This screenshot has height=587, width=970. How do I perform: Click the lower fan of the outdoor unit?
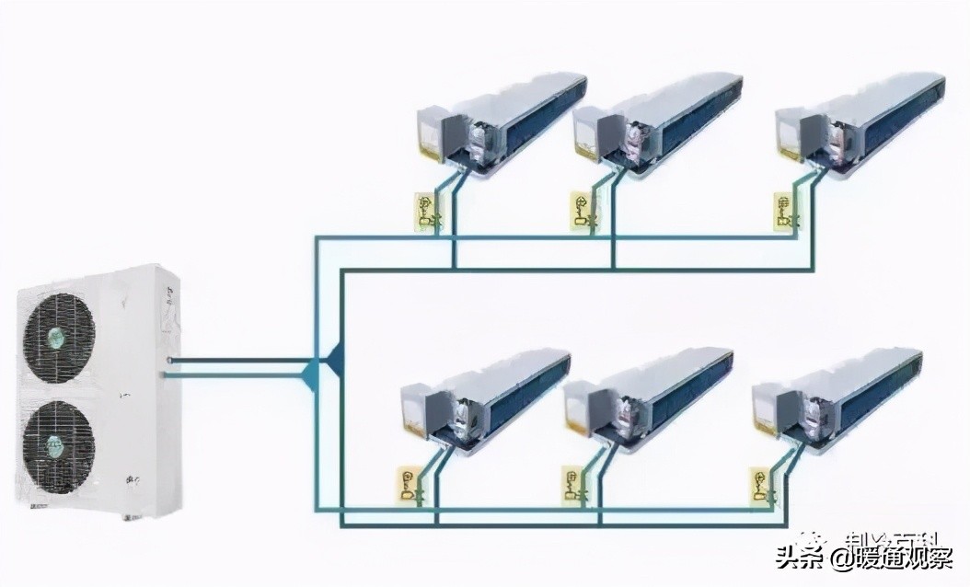tap(58, 445)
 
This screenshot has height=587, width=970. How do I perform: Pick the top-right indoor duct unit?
tap(860, 123)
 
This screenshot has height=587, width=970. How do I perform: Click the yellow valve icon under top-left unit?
tap(426, 211)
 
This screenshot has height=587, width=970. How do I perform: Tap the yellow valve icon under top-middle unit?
tap(581, 211)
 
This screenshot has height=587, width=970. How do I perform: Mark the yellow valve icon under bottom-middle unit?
tap(573, 485)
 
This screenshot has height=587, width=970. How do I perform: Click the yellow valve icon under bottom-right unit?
tap(762, 485)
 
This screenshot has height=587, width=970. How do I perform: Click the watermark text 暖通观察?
tap(906, 558)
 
